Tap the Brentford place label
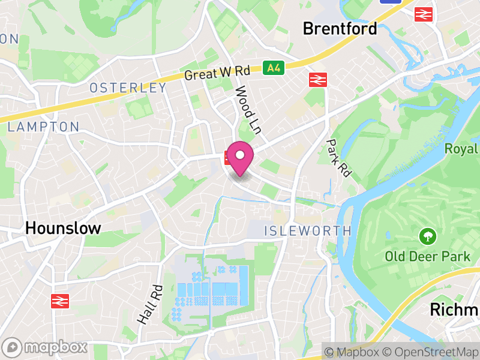[340, 28]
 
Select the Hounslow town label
[63, 228]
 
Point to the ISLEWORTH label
[308, 231]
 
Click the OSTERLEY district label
[128, 88]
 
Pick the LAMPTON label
[43, 127]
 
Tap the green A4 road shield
[273, 68]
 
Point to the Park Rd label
[338, 158]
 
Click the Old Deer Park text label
[427, 257]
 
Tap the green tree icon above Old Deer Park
[427, 236]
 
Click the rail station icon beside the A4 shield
[316, 80]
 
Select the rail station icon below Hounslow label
[61, 301]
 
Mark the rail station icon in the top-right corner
[424, 14]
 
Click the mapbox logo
[46, 347]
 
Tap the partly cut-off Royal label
[461, 149]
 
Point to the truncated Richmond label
[454, 310]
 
